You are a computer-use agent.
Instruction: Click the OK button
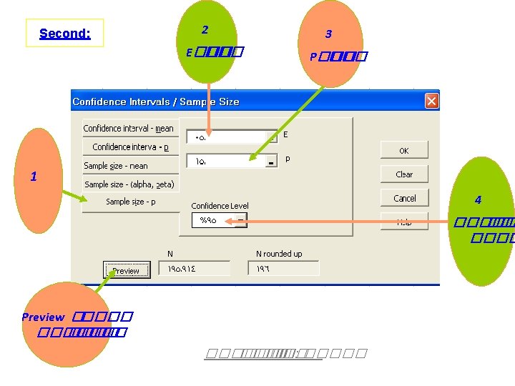tap(404, 151)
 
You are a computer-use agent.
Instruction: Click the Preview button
tap(126, 270)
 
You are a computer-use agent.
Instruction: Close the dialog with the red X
tap(431, 101)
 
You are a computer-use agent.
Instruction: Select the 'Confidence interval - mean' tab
tap(129, 129)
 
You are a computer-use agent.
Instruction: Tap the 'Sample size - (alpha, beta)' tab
tap(129, 184)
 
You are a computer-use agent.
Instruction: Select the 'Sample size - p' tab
tap(130, 202)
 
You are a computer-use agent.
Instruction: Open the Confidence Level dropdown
tap(242, 221)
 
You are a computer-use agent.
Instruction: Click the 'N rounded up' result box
tap(283, 269)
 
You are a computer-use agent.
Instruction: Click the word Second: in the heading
tap(64, 33)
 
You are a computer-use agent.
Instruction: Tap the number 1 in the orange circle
tap(34, 177)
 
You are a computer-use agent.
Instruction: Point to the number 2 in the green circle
tap(205, 30)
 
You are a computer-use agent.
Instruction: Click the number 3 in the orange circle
tap(328, 34)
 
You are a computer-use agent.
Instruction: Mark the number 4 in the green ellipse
tap(478, 200)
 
